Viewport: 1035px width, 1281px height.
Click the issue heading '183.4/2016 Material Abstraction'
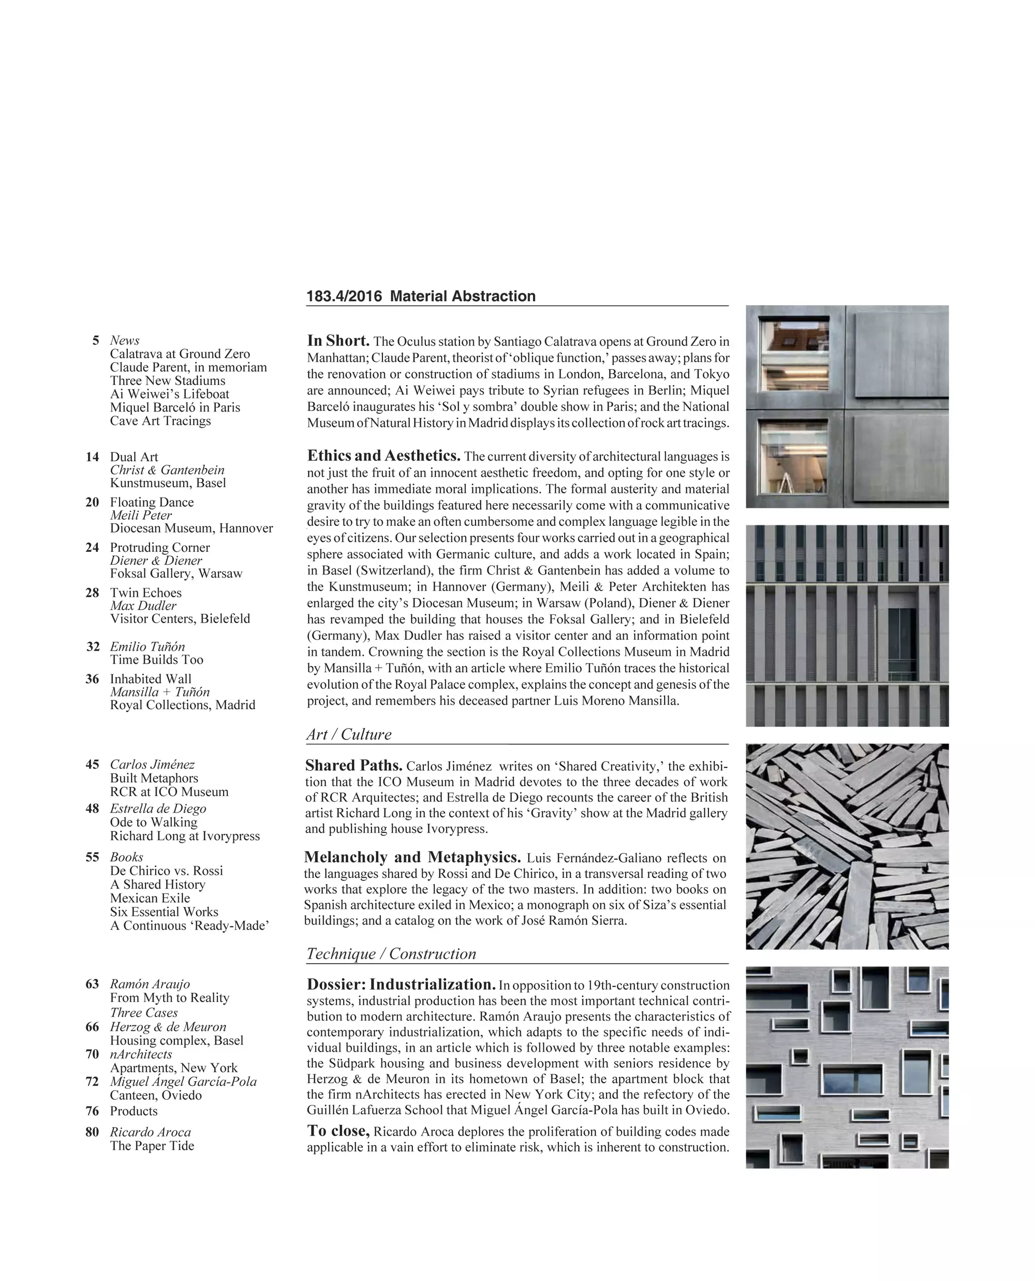tap(421, 297)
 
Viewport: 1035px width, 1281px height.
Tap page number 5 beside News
tap(95, 341)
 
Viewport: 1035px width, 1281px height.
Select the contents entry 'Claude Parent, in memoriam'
tap(188, 367)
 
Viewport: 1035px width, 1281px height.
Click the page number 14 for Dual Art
tap(93, 457)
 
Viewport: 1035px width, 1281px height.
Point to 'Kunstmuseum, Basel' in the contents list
tap(168, 483)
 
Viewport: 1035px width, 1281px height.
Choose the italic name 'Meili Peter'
tap(141, 516)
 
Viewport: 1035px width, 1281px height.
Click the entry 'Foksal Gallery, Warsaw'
tap(176, 573)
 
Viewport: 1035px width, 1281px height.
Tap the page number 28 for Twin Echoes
tap(93, 593)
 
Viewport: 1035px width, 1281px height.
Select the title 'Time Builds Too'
tap(156, 659)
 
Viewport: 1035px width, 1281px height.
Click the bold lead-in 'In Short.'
tap(338, 341)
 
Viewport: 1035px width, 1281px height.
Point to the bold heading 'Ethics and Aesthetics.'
tap(383, 455)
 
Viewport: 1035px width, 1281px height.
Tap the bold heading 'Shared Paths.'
tap(353, 765)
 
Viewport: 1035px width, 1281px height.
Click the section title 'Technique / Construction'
tap(391, 953)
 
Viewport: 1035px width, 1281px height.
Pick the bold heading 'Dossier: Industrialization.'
tap(401, 984)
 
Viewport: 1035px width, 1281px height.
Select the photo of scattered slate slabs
tap(847, 846)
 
